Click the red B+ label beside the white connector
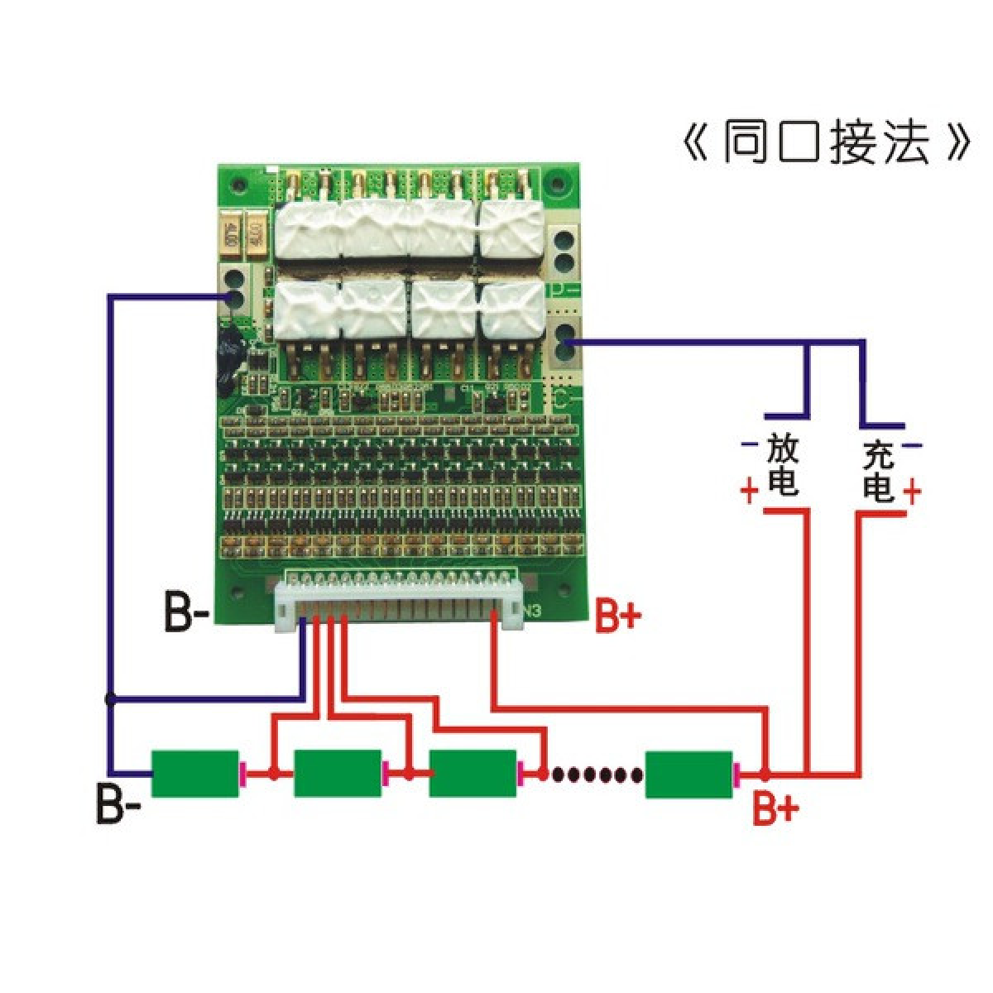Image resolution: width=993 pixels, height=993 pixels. pos(619,616)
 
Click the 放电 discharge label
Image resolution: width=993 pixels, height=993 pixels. pos(783,466)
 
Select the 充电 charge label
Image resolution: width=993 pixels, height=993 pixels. pos(878,471)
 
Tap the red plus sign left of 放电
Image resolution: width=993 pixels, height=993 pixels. pos(749,493)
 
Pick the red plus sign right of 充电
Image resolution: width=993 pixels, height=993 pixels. pos(911,492)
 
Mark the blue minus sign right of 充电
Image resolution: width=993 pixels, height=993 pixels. pos(911,446)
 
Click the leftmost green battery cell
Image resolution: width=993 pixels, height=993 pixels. pos(194,774)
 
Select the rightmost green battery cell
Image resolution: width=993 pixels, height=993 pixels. pos(689,774)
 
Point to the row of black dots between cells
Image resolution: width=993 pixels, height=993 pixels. pos(597,775)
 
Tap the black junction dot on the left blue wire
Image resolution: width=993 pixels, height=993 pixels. pos(110,699)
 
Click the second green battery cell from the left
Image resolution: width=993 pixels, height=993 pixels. pos(337,774)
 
